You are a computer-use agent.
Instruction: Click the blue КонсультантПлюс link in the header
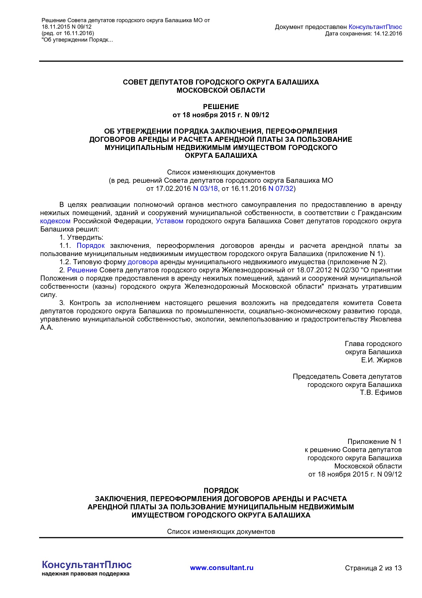coord(375,27)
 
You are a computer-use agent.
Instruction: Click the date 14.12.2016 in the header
coord(388,33)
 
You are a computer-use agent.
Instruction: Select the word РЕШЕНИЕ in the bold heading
coord(221,106)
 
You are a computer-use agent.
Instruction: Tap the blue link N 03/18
coord(205,189)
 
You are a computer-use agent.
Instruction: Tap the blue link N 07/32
coord(281,189)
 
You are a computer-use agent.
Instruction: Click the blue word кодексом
coord(55,221)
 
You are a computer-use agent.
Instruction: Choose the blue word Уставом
coord(169,221)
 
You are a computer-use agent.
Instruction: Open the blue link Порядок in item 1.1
coord(91,245)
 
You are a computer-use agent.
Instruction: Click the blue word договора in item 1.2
coord(143,262)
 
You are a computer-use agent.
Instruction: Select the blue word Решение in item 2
coord(82,270)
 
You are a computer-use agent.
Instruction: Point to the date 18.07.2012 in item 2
coord(313,270)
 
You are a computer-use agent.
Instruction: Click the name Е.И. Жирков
coord(381,360)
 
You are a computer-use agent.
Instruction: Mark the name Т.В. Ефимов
coord(381,392)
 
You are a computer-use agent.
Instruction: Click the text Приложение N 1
coord(374,442)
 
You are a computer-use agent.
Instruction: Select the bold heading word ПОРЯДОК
coord(221,490)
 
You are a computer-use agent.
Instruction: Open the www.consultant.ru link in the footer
coord(222,568)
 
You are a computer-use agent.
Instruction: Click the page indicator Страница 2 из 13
coord(373,568)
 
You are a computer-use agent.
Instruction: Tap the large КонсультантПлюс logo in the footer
coord(86,565)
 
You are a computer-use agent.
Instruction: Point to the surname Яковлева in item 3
coord(386,319)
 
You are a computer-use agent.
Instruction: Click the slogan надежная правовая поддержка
coord(85,574)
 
